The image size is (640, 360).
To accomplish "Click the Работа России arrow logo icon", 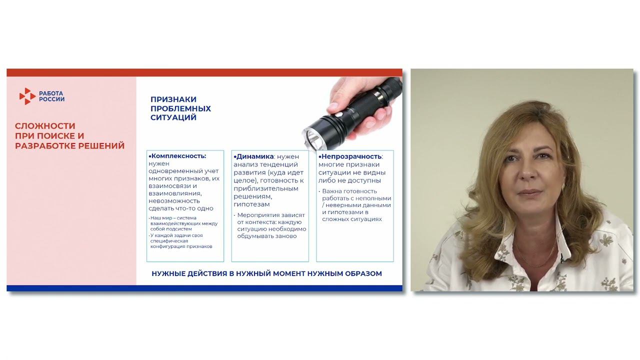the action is point(27,96).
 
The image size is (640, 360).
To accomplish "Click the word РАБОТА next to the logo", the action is point(51,93).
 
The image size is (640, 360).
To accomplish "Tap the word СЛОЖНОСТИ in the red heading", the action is point(45,126).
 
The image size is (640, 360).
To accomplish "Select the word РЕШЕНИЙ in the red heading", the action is point(101,145).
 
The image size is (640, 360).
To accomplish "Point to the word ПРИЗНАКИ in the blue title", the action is point(173,99).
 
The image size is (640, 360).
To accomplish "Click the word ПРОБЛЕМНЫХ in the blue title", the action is point(180,108).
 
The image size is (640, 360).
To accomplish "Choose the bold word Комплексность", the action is point(178,156).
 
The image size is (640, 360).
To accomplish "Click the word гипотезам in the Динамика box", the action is point(251,204).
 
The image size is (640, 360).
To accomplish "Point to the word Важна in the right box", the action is point(331,191).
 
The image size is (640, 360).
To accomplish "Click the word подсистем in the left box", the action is point(179,229).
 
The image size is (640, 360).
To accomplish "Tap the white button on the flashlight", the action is point(339,114).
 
